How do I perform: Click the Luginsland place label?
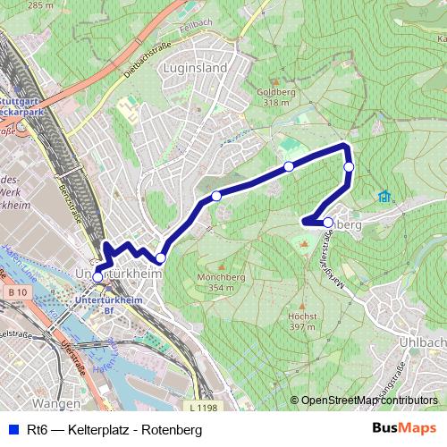[x=198, y=67]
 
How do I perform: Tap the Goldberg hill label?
[x=275, y=93]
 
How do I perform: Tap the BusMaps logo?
[x=404, y=430]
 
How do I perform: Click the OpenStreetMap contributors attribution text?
[x=368, y=401]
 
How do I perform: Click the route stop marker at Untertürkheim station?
[x=97, y=277]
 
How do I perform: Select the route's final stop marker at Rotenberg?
[x=328, y=223]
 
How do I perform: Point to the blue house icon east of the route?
[x=385, y=196]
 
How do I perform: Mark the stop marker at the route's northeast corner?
[x=349, y=166]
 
